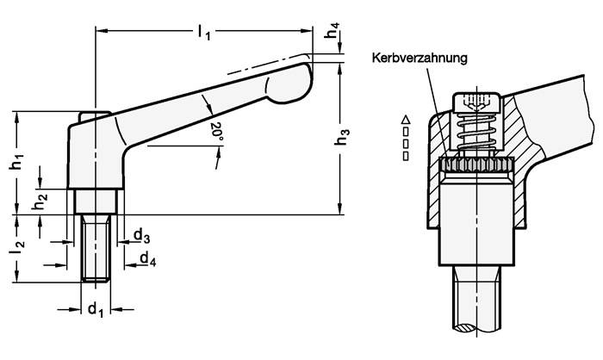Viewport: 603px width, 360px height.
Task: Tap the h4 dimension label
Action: tap(333, 37)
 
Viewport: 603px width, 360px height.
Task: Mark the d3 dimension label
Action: tap(141, 235)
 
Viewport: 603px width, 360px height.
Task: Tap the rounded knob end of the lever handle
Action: tap(289, 82)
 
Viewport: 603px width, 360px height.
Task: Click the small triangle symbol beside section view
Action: tap(406, 119)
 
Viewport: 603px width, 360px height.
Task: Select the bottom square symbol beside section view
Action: tap(406, 157)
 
